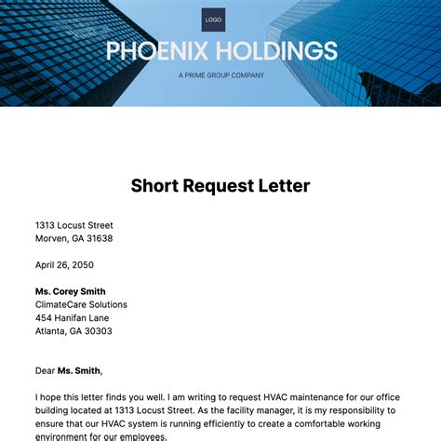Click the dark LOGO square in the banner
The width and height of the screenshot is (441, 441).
pyautogui.click(x=213, y=20)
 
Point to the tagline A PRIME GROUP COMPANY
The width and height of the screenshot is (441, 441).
pyautogui.click(x=220, y=75)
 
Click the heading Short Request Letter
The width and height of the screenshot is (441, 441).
pyautogui.click(x=220, y=185)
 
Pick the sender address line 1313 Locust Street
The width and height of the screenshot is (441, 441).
pyautogui.click(x=74, y=225)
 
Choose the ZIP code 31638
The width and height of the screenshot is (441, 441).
pyautogui.click(x=100, y=238)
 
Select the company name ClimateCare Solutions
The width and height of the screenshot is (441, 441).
pyautogui.click(x=82, y=304)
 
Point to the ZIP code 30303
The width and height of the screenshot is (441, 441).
pyautogui.click(x=99, y=330)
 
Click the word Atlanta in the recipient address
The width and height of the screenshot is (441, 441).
pyautogui.click(x=52, y=330)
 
